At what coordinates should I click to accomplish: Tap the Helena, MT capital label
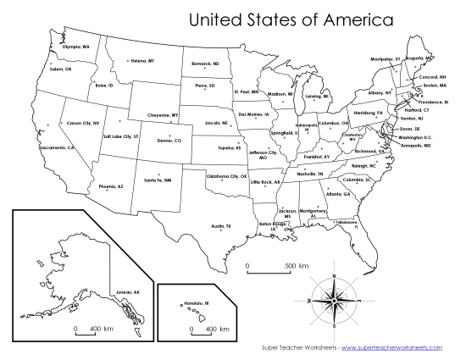(x=142, y=61)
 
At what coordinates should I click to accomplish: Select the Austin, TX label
(x=221, y=226)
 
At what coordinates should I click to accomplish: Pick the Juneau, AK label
(x=127, y=292)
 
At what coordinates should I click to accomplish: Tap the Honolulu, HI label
(x=197, y=302)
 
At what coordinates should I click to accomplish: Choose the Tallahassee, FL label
(x=345, y=224)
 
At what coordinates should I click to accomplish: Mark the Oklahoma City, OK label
(x=226, y=176)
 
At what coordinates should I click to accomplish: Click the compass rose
(x=334, y=301)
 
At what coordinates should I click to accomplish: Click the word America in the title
(x=353, y=18)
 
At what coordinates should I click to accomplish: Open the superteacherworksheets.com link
(x=400, y=347)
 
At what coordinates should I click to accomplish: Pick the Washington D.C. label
(x=414, y=137)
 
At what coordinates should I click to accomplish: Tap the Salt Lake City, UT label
(x=119, y=136)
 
